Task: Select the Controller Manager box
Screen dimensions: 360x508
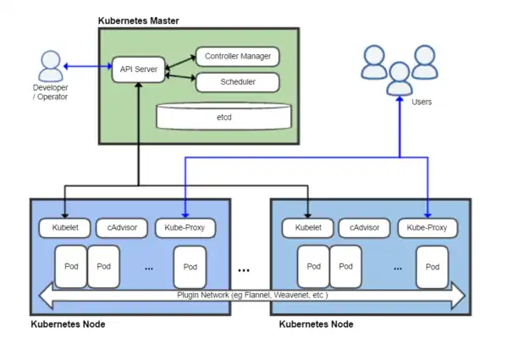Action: [x=238, y=58]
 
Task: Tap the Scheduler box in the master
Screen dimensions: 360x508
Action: [x=238, y=82]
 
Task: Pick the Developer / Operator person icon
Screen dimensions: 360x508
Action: [x=51, y=64]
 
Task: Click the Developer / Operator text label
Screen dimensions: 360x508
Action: [x=50, y=91]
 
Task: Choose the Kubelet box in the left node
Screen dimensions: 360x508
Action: [x=63, y=228]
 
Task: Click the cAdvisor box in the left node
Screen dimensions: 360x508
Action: [x=122, y=228]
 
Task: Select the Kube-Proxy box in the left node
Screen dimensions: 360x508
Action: [x=185, y=228]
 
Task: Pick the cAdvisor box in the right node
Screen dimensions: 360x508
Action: [x=365, y=228]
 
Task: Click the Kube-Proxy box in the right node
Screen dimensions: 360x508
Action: [x=428, y=228]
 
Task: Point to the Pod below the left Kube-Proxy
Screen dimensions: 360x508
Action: [x=190, y=266]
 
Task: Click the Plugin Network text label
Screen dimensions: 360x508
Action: [x=251, y=296]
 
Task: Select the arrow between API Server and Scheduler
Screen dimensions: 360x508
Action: [x=179, y=77]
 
